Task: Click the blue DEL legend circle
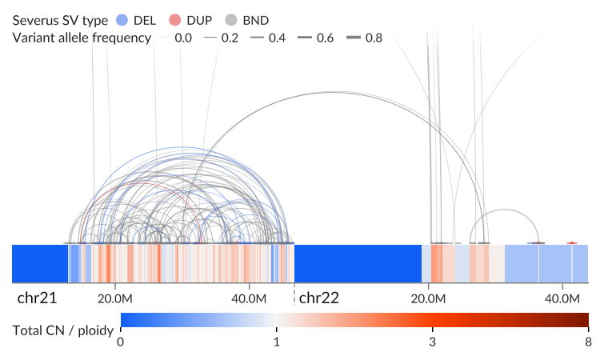(122, 20)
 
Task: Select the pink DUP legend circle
(175, 20)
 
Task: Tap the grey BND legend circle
(231, 20)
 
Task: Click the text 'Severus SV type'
(60, 20)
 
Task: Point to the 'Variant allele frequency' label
(82, 38)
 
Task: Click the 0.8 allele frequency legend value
(374, 38)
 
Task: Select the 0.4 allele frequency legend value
(277, 38)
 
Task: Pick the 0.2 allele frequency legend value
(230, 38)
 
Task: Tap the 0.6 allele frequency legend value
(326, 38)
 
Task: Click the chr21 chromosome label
(37, 298)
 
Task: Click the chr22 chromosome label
(318, 298)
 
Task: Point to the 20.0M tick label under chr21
(114, 298)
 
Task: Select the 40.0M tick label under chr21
(249, 298)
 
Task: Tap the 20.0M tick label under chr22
(428, 298)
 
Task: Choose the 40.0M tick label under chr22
(562, 298)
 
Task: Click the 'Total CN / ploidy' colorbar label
(63, 330)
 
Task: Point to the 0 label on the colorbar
(121, 342)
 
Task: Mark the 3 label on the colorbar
(432, 342)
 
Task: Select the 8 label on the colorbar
(589, 342)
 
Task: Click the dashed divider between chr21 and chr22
(294, 294)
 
